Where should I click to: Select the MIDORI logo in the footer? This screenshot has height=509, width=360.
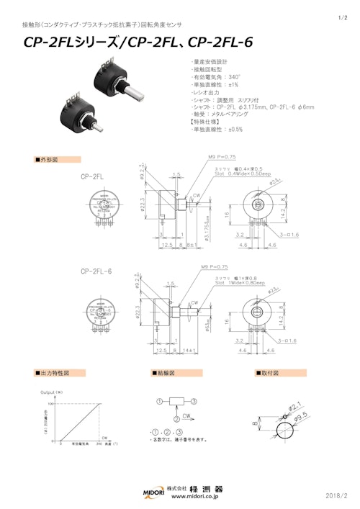(x=152, y=491)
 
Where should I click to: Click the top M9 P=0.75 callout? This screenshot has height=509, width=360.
(x=222, y=156)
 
